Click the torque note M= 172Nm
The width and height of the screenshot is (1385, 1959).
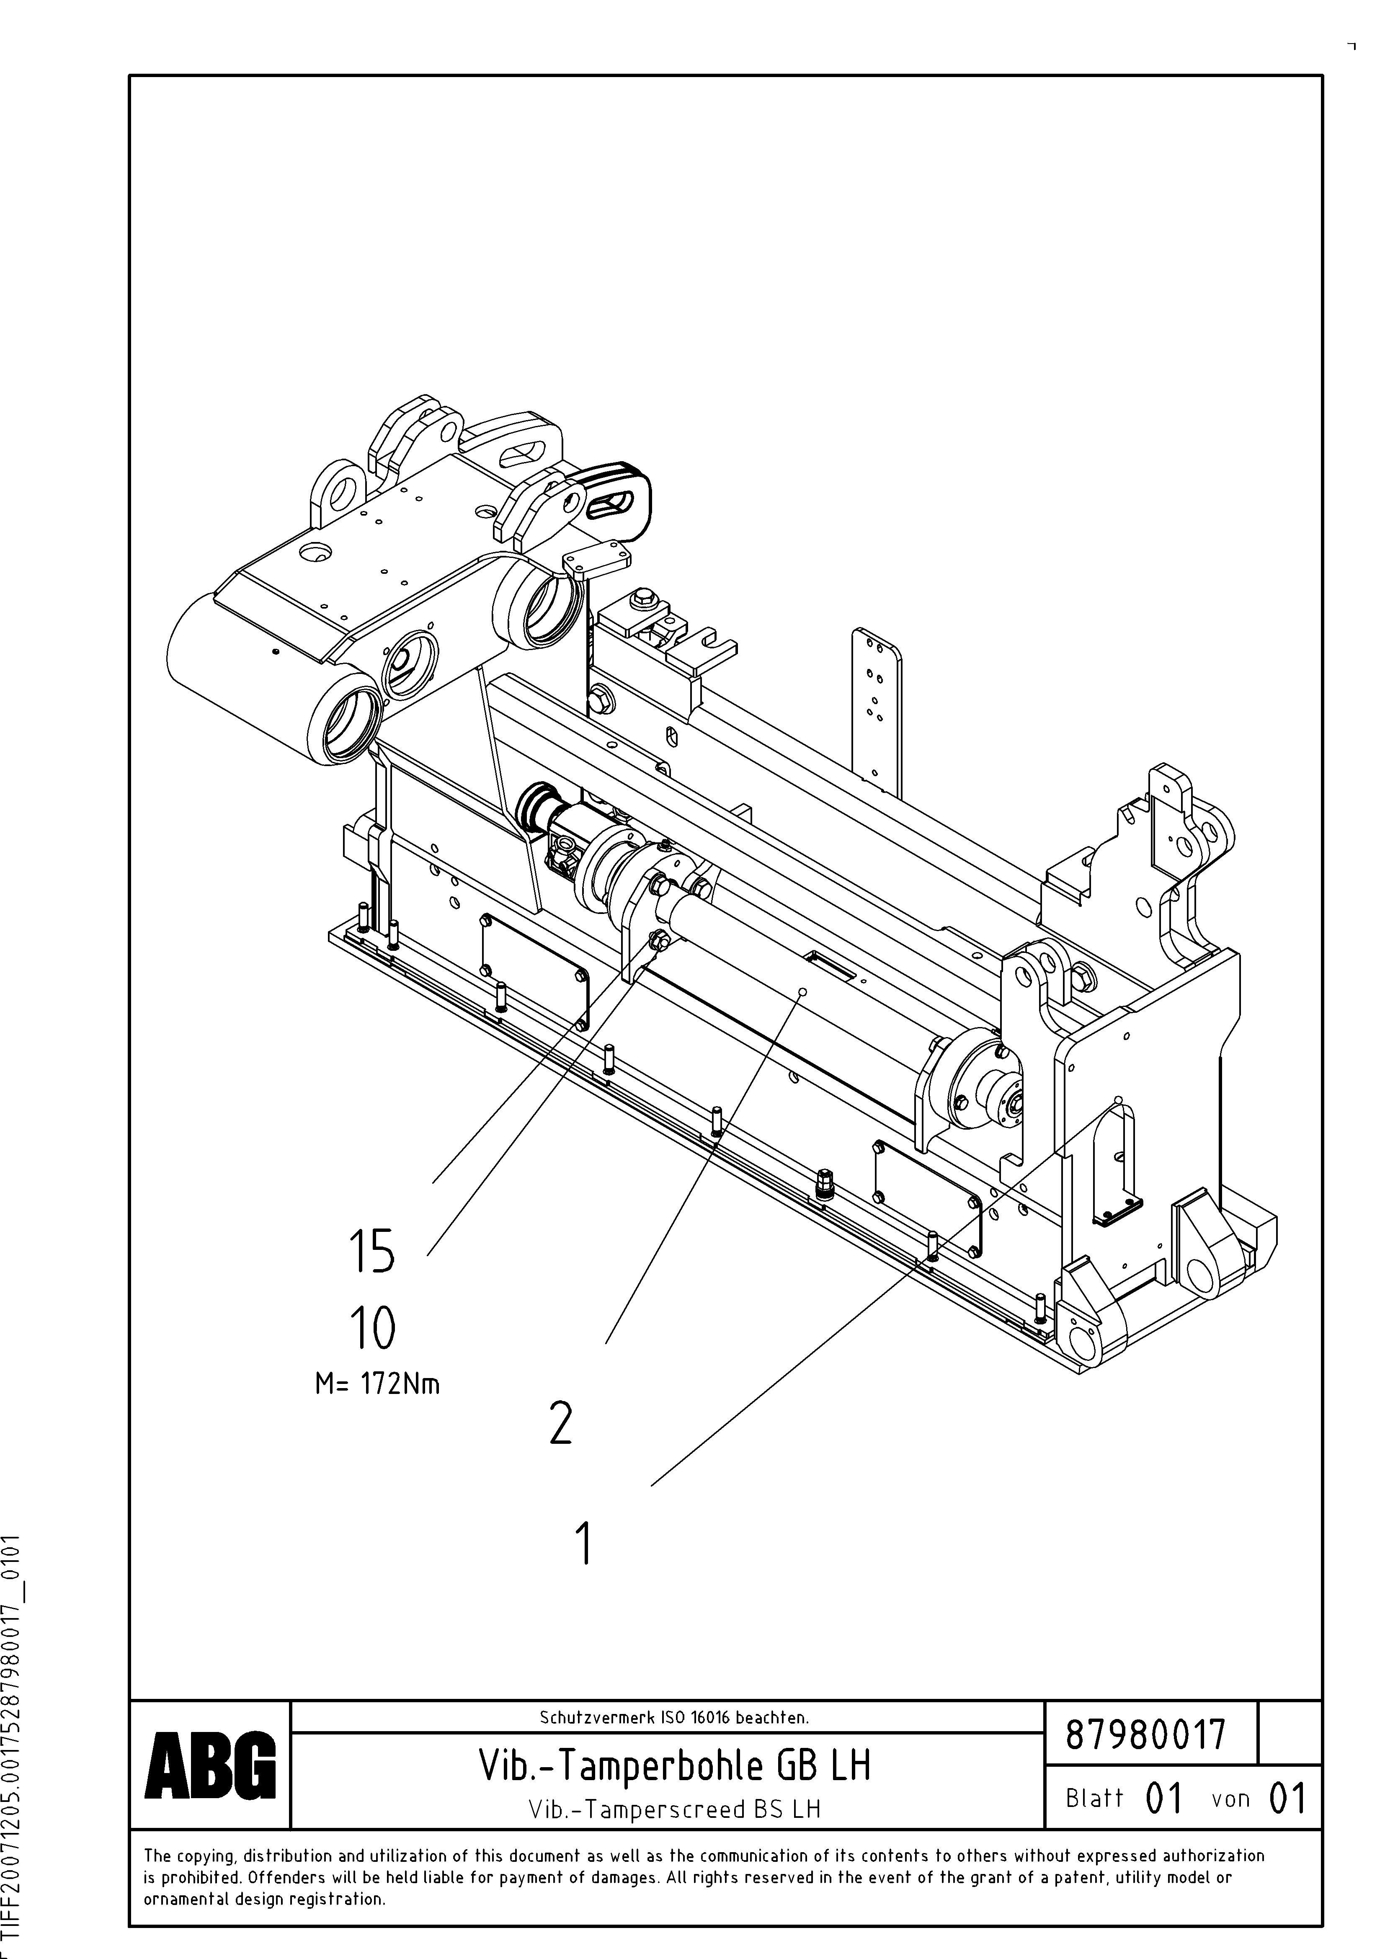coord(377,1383)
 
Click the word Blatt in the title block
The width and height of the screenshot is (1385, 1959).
coord(1094,1799)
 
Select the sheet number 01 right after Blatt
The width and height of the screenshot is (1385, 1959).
coord(1164,1799)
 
